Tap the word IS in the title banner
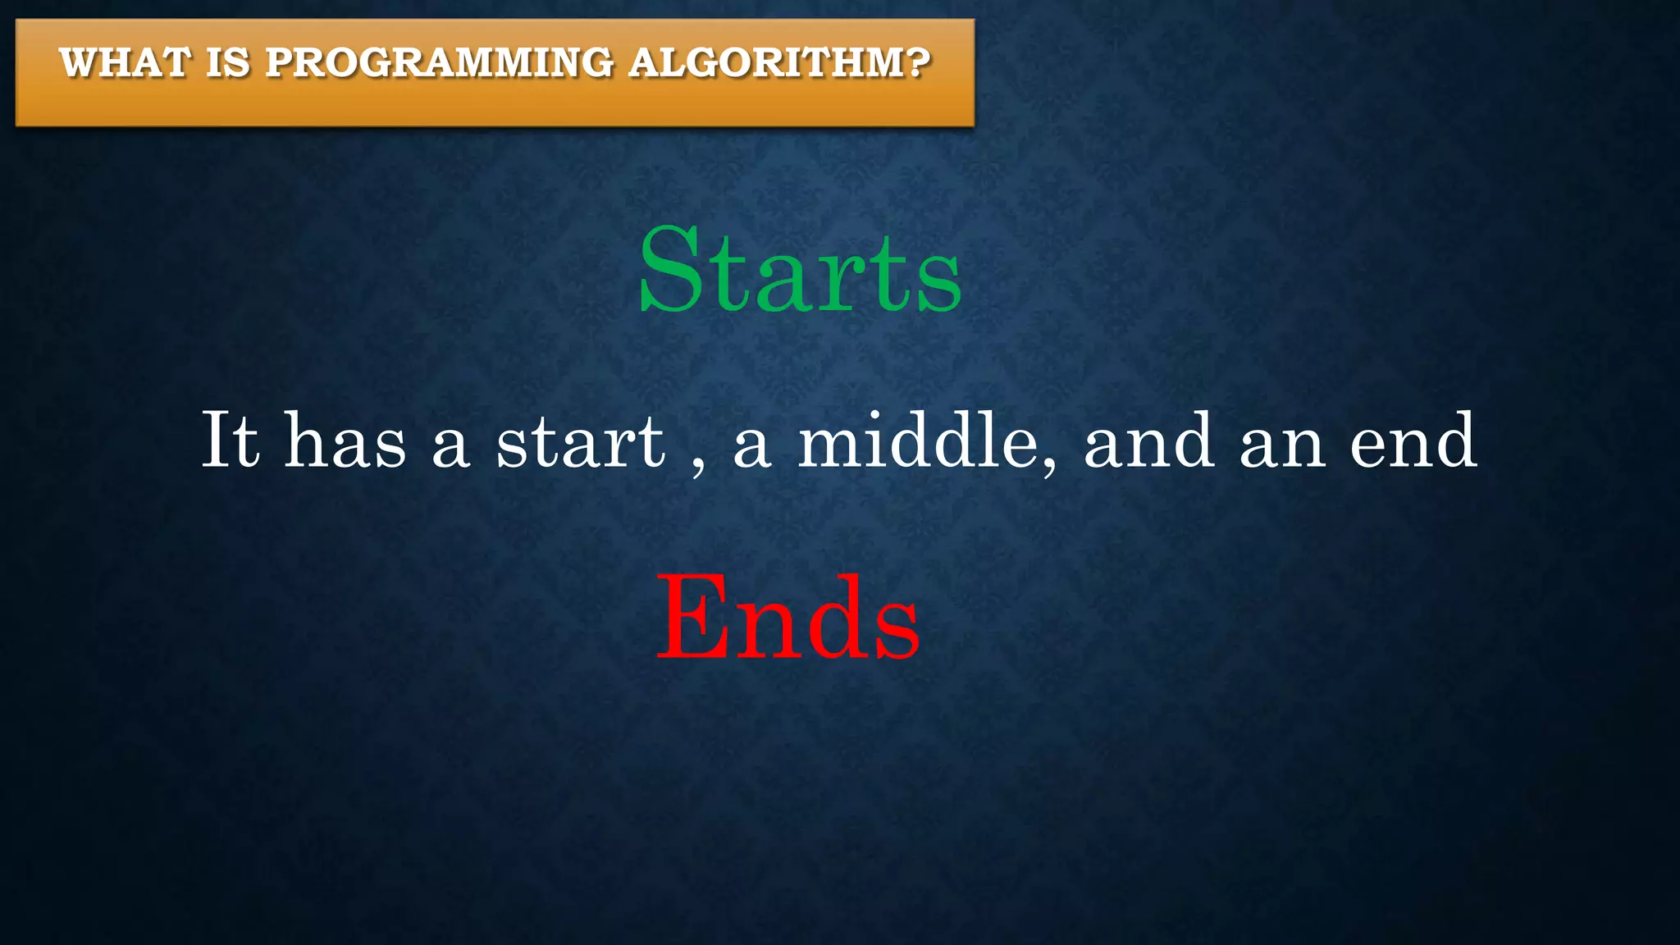pos(227,63)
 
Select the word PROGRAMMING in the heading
pos(439,63)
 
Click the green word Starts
pos(800,272)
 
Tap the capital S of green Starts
pos(671,270)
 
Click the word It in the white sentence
pos(231,441)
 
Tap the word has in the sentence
pos(345,442)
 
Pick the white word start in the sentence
pos(581,444)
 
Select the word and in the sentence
pos(1148,442)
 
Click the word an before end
pos(1282,448)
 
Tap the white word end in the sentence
pos(1413,442)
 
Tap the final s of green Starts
pos(938,283)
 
